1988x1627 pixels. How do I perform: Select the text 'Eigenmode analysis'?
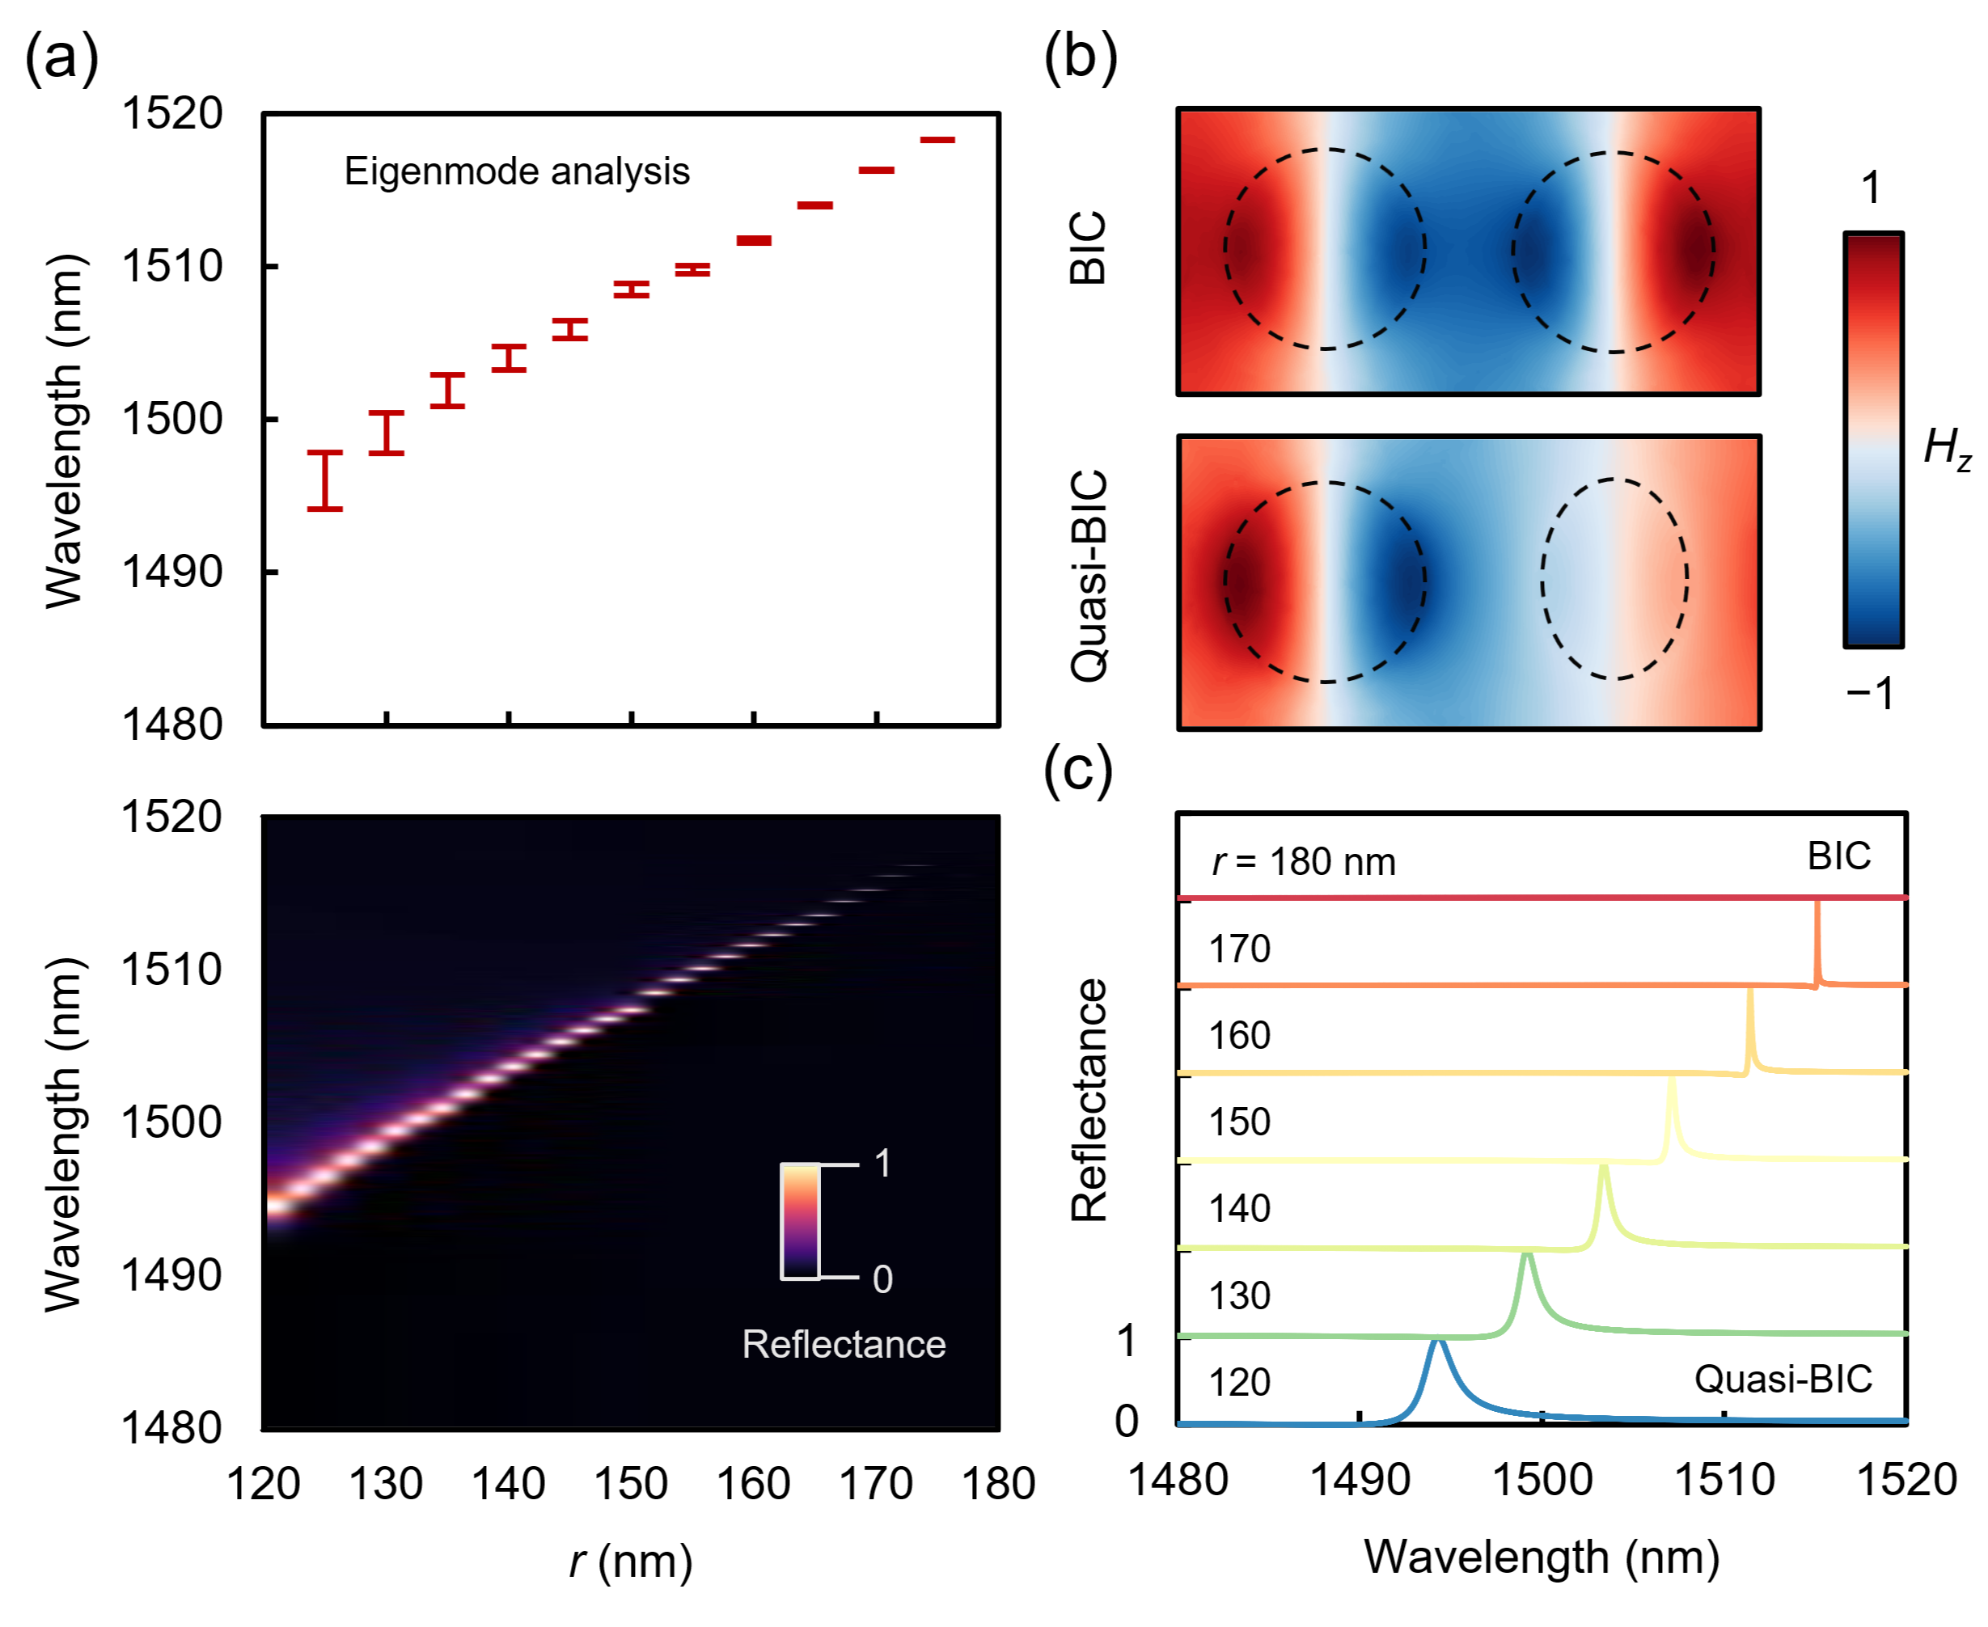[x=517, y=171]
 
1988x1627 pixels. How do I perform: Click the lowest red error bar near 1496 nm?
[x=324, y=480]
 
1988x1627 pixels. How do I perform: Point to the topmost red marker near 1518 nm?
[x=937, y=140]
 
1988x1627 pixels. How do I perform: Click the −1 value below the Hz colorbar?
[x=1869, y=694]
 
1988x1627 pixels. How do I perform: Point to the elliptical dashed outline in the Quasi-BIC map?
[x=1614, y=578]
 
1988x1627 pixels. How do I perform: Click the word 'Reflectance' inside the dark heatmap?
[x=844, y=1344]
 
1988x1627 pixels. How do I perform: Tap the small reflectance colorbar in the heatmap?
[x=801, y=1220]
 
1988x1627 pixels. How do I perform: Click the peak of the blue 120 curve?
[x=1437, y=1342]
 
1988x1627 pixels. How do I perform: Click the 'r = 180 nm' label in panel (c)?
[x=1303, y=861]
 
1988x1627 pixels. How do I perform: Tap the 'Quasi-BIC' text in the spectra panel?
[x=1783, y=1379]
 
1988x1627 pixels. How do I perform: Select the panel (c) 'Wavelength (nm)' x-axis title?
[x=1542, y=1557]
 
